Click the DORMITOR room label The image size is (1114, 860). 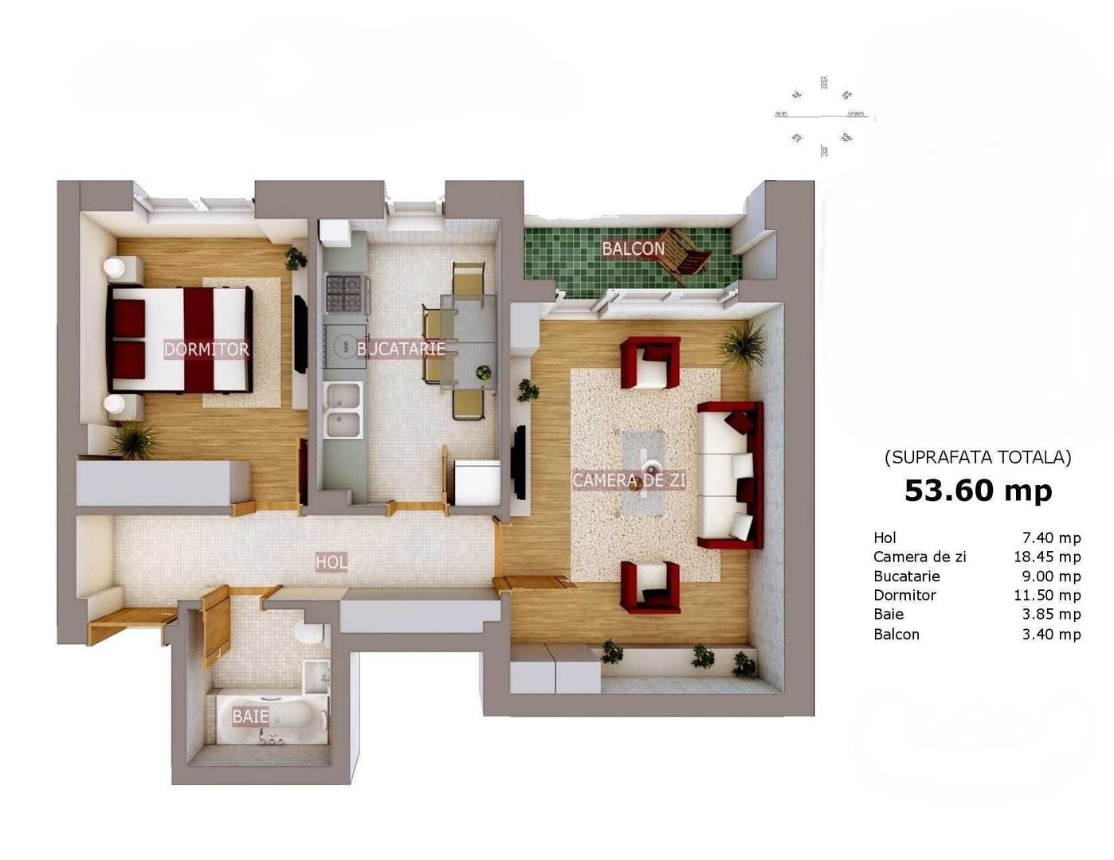pos(206,349)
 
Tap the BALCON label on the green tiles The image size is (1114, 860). pos(633,248)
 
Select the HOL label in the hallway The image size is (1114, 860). pos(331,562)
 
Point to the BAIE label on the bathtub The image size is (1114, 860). pos(250,717)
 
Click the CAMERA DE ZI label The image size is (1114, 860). pos(630,480)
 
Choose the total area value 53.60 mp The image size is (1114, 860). pos(978,491)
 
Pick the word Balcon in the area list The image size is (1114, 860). pos(896,635)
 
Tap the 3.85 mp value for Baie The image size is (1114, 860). pos(1051,614)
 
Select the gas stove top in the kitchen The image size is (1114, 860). pos(347,293)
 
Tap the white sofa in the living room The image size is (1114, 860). pos(727,475)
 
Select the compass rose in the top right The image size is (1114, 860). pos(822,116)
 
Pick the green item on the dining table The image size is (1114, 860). pos(483,371)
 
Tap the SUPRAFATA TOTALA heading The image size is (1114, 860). pos(978,457)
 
